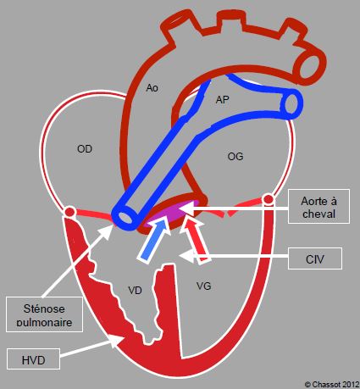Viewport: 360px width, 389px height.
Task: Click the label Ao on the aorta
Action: (x=152, y=88)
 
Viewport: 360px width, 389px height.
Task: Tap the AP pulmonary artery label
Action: (x=222, y=100)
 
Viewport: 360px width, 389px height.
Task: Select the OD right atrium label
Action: (x=85, y=149)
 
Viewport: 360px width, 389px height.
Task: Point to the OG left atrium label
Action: (x=235, y=156)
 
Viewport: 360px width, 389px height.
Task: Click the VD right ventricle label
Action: (x=135, y=291)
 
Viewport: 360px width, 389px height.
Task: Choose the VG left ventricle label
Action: (x=203, y=286)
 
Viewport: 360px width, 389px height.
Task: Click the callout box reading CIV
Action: (x=315, y=258)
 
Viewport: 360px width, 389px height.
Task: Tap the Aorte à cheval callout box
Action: (x=318, y=206)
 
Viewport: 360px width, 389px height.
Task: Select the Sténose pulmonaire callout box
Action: (x=44, y=314)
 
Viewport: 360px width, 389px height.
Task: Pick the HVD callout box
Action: (x=33, y=359)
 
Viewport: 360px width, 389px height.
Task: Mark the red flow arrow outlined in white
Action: (x=197, y=241)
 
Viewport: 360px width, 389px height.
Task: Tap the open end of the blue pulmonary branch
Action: (x=292, y=104)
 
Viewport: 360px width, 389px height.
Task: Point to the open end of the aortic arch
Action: (x=310, y=66)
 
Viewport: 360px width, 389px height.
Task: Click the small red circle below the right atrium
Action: (x=69, y=212)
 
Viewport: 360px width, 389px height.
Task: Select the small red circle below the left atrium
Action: (x=269, y=200)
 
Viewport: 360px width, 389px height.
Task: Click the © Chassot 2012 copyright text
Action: (x=332, y=384)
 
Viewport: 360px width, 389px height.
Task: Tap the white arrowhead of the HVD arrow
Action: (x=116, y=341)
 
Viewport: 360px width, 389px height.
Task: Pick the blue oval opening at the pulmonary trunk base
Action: (x=125, y=217)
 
